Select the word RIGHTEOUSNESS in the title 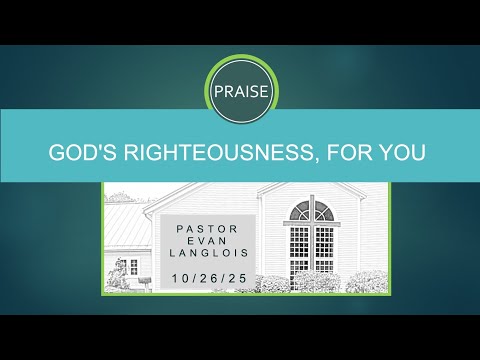pyautogui.click(x=210, y=154)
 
